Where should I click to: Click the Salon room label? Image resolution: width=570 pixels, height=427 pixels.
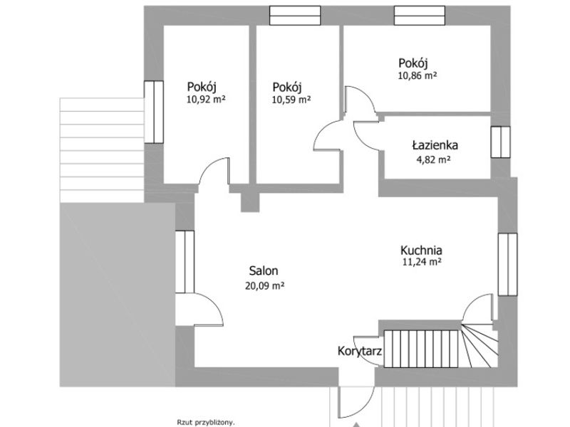pyautogui.click(x=264, y=270)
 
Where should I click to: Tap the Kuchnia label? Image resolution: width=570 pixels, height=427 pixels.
pyautogui.click(x=421, y=251)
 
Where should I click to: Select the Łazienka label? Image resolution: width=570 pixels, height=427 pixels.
pyautogui.click(x=435, y=145)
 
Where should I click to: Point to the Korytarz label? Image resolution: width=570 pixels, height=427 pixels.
pyautogui.click(x=360, y=351)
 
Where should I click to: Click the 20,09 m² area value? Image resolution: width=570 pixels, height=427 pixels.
pyautogui.click(x=264, y=286)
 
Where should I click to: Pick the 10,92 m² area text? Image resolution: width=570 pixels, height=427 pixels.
pyautogui.click(x=206, y=99)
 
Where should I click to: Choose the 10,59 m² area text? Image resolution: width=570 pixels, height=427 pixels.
pyautogui.click(x=291, y=99)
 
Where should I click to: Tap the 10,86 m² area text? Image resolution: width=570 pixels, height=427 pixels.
pyautogui.click(x=418, y=75)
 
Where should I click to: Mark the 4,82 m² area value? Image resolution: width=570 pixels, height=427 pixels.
pyautogui.click(x=434, y=159)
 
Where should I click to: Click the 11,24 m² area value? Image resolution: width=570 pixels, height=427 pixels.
pyautogui.click(x=422, y=262)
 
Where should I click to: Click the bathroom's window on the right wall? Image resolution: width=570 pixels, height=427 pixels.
pyautogui.click(x=501, y=142)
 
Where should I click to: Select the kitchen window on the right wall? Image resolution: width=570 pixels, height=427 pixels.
pyautogui.click(x=507, y=264)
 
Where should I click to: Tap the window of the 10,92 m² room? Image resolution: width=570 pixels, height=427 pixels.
pyautogui.click(x=154, y=112)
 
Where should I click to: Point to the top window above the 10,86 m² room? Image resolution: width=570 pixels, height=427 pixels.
pyautogui.click(x=420, y=16)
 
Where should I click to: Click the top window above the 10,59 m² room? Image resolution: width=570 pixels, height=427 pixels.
pyautogui.click(x=295, y=16)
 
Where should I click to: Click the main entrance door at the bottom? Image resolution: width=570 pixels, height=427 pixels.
pyautogui.click(x=356, y=401)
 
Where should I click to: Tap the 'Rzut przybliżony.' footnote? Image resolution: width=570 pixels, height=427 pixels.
pyautogui.click(x=206, y=422)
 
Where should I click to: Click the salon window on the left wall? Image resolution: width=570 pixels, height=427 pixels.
pyautogui.click(x=185, y=262)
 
